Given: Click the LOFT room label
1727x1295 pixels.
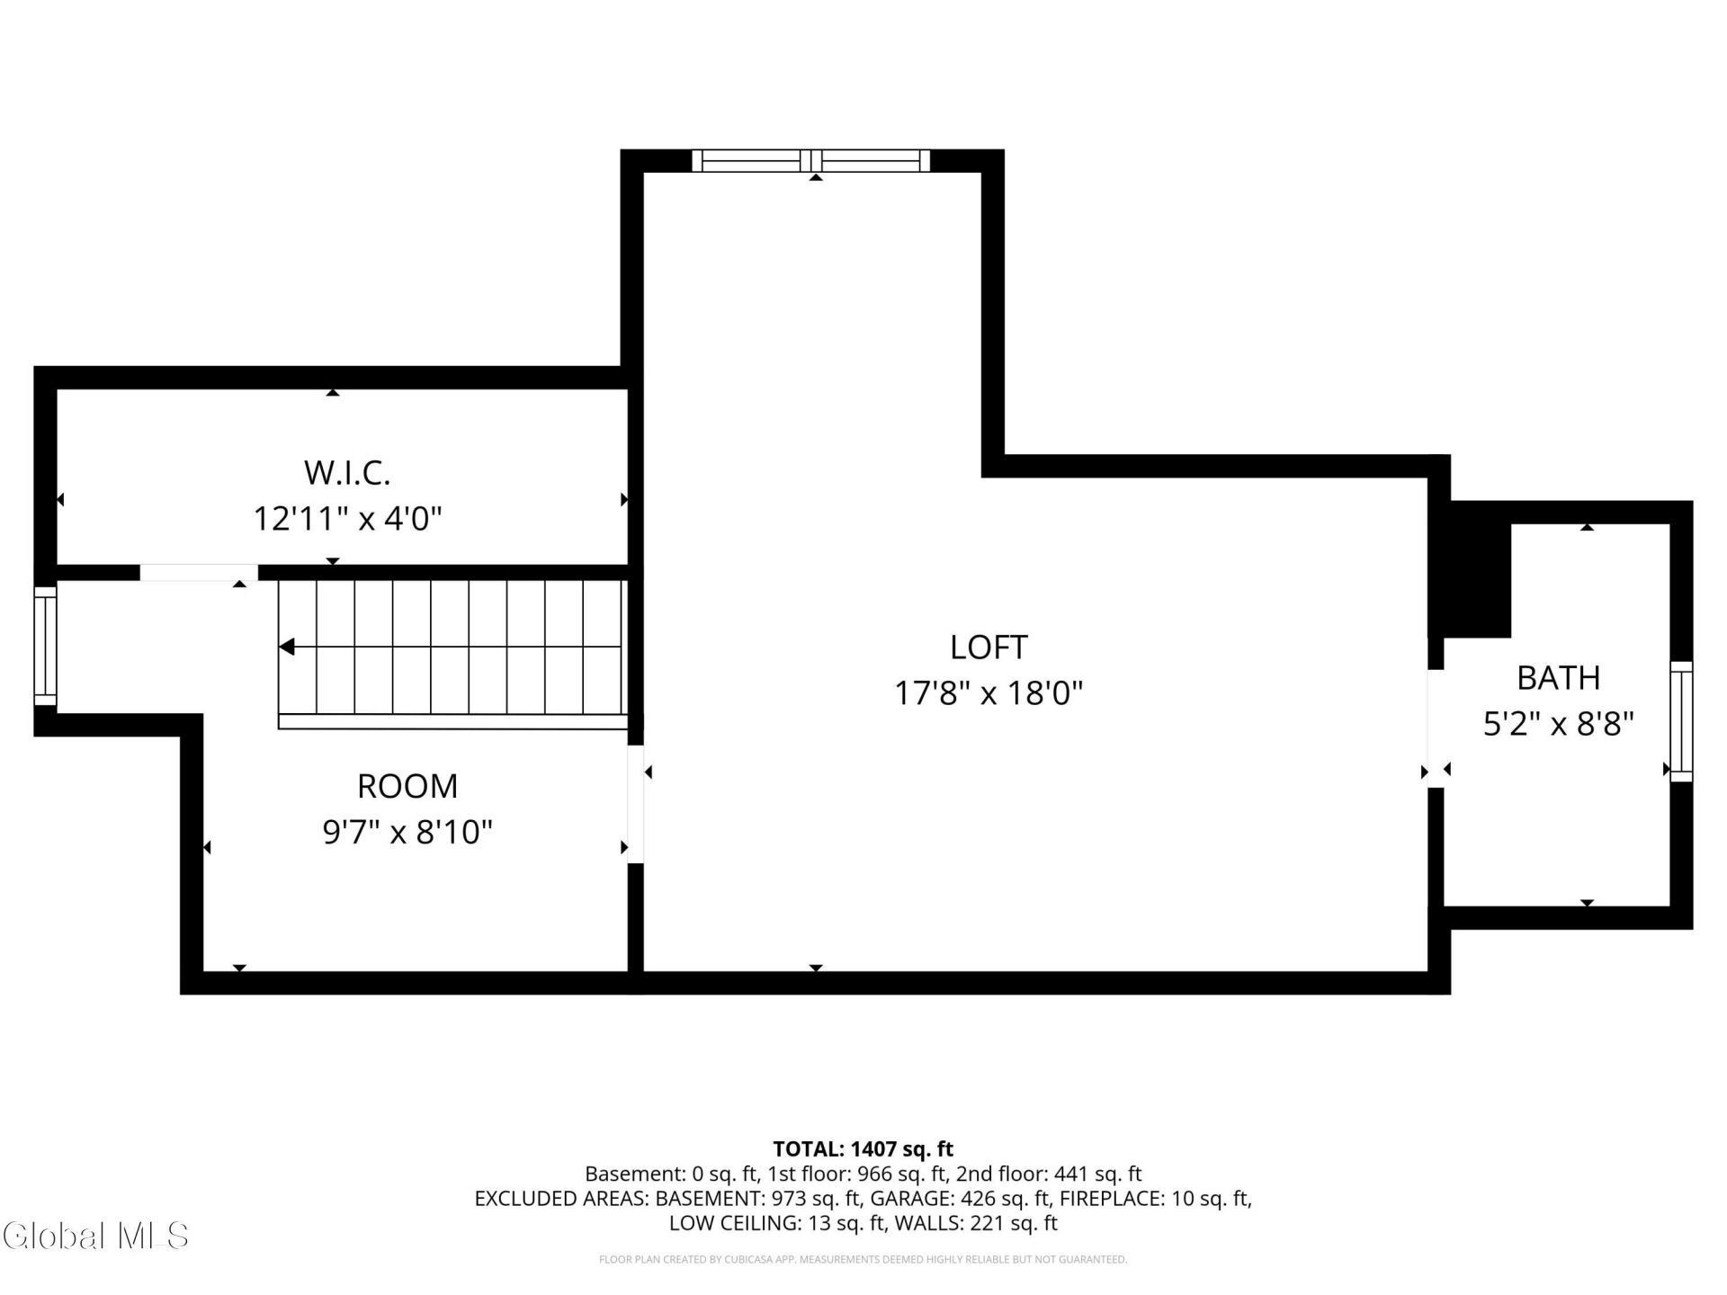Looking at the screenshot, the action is click(988, 647).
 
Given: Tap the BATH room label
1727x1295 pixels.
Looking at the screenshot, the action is click(1559, 677).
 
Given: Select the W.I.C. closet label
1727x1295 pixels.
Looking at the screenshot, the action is click(347, 472).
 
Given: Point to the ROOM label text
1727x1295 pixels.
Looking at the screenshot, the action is click(407, 786).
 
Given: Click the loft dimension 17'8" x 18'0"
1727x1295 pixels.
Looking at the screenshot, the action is click(989, 693).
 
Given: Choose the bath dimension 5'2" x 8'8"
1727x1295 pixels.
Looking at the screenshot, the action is click(1559, 723).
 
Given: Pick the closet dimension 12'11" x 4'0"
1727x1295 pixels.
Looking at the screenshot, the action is click(348, 519).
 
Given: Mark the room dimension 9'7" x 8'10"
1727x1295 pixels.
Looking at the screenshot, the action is click(407, 832).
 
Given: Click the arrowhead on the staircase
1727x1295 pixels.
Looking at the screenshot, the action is click(287, 647).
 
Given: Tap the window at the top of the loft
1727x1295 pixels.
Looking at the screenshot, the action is click(811, 160).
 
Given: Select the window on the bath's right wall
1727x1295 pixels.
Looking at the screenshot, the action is click(1681, 721).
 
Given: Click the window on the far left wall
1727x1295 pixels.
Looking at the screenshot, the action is click(45, 646).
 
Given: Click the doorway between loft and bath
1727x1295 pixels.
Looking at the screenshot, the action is click(1436, 728).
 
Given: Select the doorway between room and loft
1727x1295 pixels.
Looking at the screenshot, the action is click(635, 804).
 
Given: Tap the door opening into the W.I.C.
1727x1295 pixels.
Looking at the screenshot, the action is click(199, 573).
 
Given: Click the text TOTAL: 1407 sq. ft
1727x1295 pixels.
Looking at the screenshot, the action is click(863, 1148).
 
